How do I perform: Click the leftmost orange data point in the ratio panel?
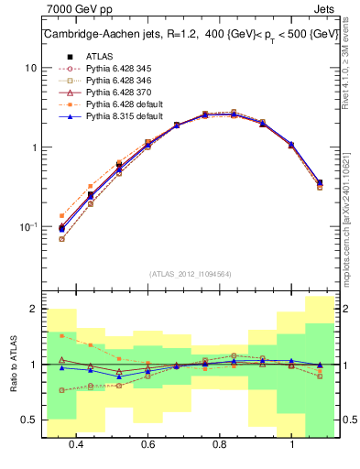click(x=61, y=336)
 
